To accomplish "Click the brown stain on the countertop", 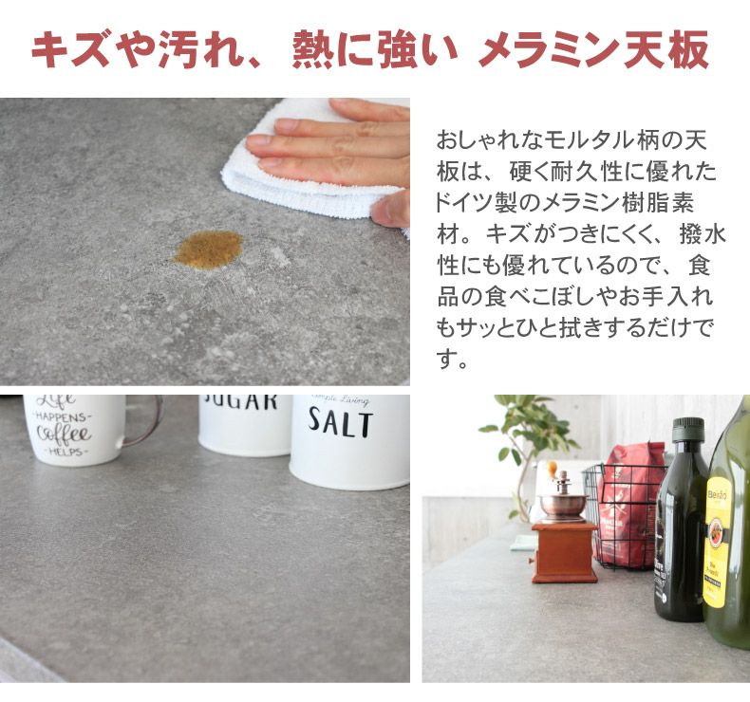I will pos(209,248).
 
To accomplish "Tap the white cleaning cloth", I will pos(294,175).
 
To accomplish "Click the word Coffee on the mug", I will pos(64,434).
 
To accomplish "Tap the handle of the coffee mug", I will pos(142,422).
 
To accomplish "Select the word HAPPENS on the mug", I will pos(64,416).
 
